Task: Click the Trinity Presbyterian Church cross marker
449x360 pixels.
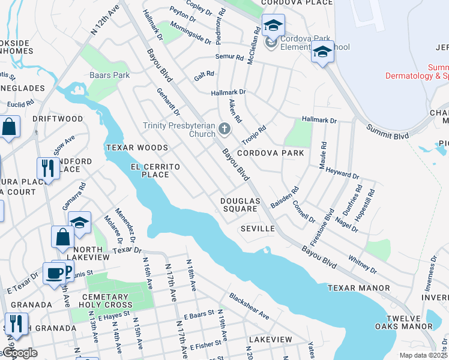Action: pyautogui.click(x=224, y=128)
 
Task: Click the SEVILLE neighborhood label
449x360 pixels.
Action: pyautogui.click(x=258, y=229)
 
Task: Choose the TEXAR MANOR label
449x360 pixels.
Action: pyautogui.click(x=359, y=289)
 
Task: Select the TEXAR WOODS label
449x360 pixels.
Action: pyautogui.click(x=137, y=148)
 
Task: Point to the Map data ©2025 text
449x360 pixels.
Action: pyautogui.click(x=424, y=355)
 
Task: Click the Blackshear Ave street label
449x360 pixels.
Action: pyautogui.click(x=249, y=307)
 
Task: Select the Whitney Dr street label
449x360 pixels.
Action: pyautogui.click(x=362, y=263)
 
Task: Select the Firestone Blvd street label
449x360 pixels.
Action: pyautogui.click(x=330, y=220)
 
